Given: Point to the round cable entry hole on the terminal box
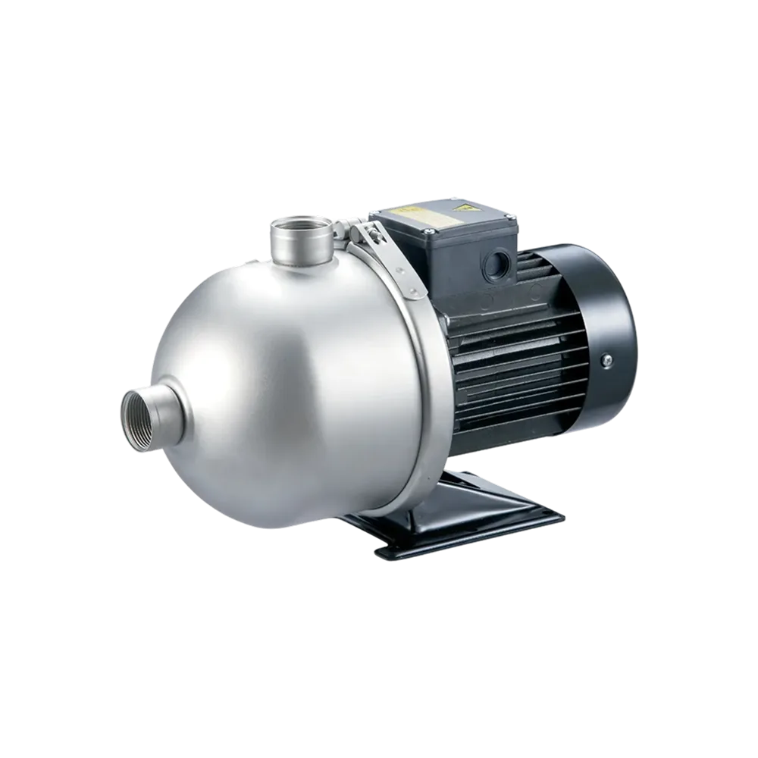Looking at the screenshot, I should [496, 265].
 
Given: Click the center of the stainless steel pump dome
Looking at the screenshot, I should [288, 379].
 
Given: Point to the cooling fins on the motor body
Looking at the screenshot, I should [515, 364].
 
